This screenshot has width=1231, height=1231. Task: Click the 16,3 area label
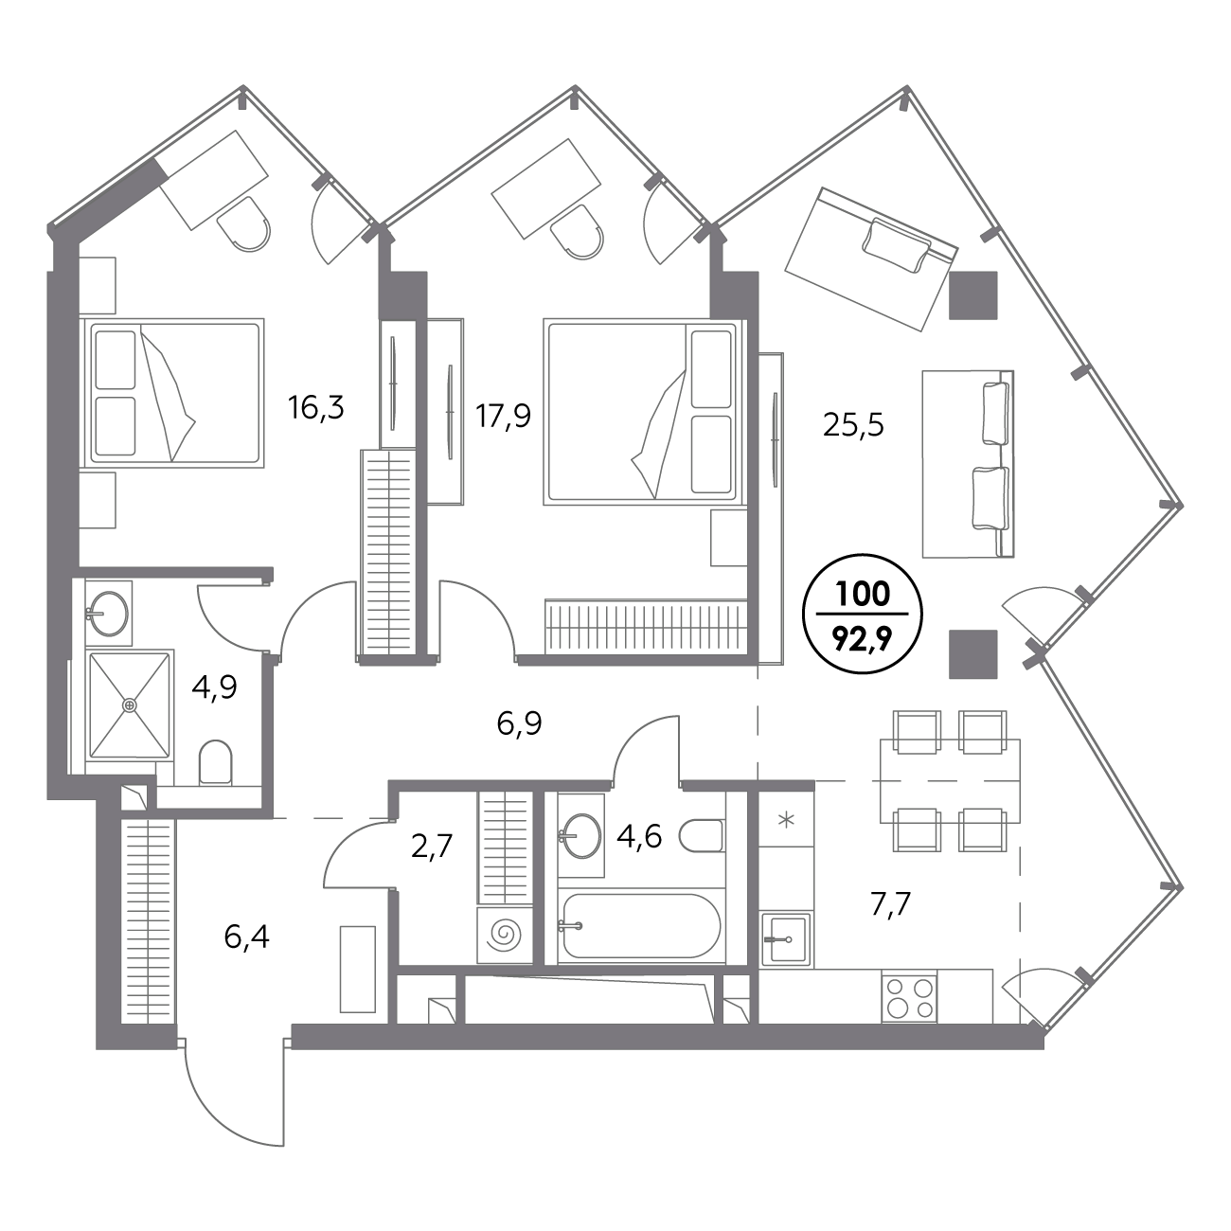[x=315, y=407]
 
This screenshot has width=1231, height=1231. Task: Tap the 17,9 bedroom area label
[x=503, y=417]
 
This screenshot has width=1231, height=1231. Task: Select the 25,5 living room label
[x=853, y=424]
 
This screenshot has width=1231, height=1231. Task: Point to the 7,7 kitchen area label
[x=891, y=904]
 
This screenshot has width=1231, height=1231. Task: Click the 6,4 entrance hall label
[x=246, y=937]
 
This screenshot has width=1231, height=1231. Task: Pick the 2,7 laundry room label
[x=433, y=847]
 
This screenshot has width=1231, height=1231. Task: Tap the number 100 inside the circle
[x=863, y=595]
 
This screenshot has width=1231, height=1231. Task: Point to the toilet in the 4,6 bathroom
[x=702, y=835]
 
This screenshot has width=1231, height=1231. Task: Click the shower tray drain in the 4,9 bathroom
[x=131, y=705]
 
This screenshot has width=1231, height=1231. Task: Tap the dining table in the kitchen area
[x=950, y=780]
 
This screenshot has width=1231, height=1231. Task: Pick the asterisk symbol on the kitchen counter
[x=786, y=820]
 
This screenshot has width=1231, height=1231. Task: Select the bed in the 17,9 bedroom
[x=645, y=413]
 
